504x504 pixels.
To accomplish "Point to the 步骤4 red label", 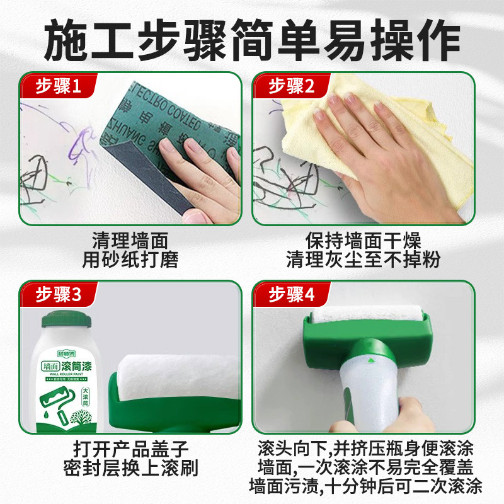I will (x=292, y=294).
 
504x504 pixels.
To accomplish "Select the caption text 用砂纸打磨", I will (x=130, y=258).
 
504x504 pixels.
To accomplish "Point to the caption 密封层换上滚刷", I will (x=130, y=468).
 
